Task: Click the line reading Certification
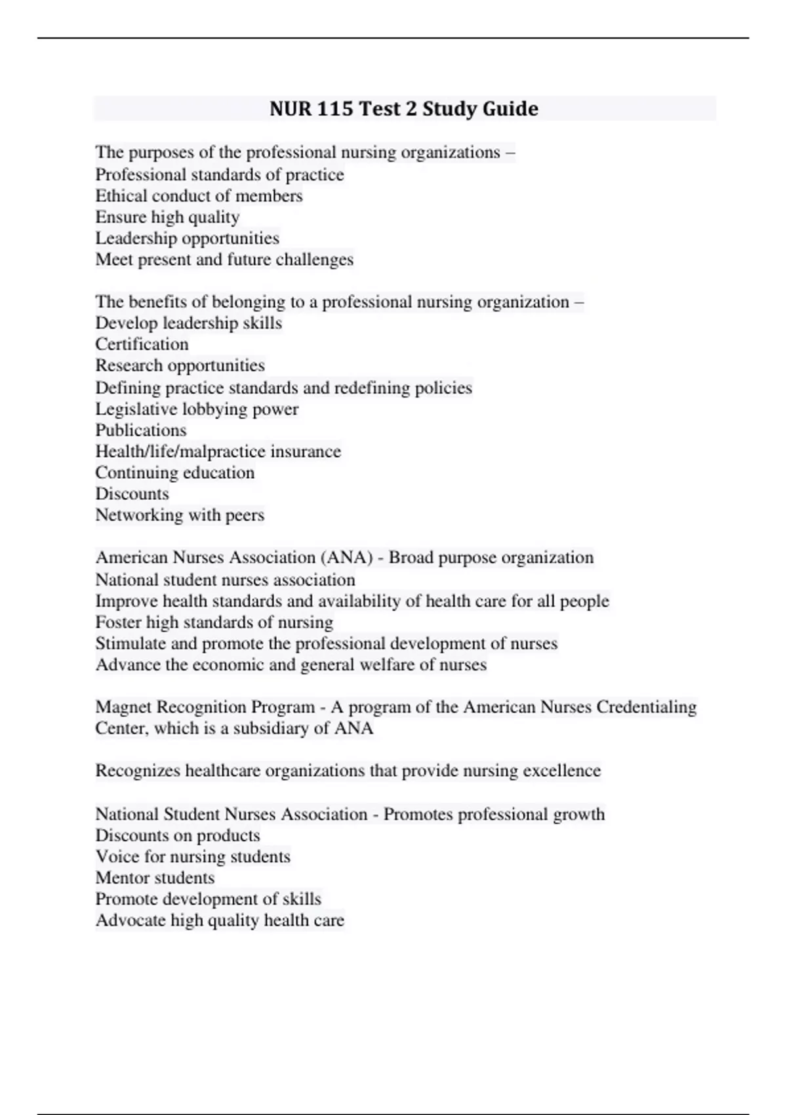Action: pyautogui.click(x=142, y=344)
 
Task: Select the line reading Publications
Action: pyautogui.click(x=141, y=430)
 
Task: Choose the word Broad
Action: pyautogui.click(x=411, y=557)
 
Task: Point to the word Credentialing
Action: pyautogui.click(x=646, y=706)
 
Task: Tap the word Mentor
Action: pyautogui.click(x=121, y=878)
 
